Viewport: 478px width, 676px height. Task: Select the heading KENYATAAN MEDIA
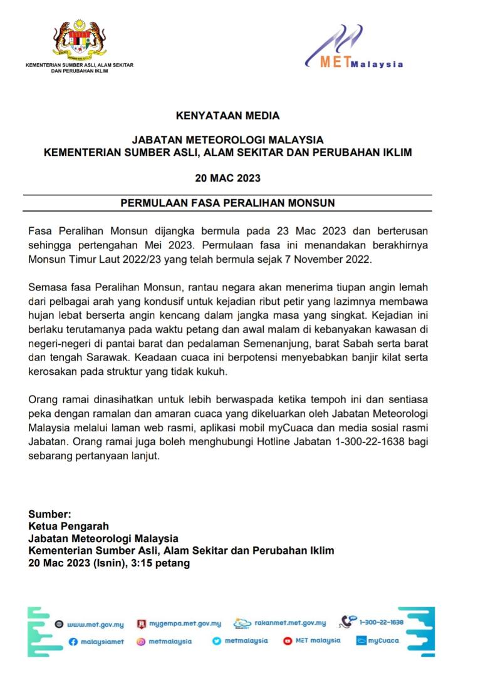[227, 116]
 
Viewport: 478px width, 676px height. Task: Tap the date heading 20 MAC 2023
[227, 178]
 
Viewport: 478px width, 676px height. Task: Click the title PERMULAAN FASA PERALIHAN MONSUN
[227, 203]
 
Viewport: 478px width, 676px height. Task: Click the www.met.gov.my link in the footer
[95, 624]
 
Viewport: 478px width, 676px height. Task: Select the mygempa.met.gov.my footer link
[185, 623]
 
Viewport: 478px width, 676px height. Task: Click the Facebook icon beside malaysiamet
[73, 642]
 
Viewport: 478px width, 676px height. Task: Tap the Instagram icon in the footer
[142, 642]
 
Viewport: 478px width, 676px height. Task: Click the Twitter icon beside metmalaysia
[217, 641]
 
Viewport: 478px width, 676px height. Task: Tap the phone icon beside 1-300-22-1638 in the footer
[348, 622]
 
